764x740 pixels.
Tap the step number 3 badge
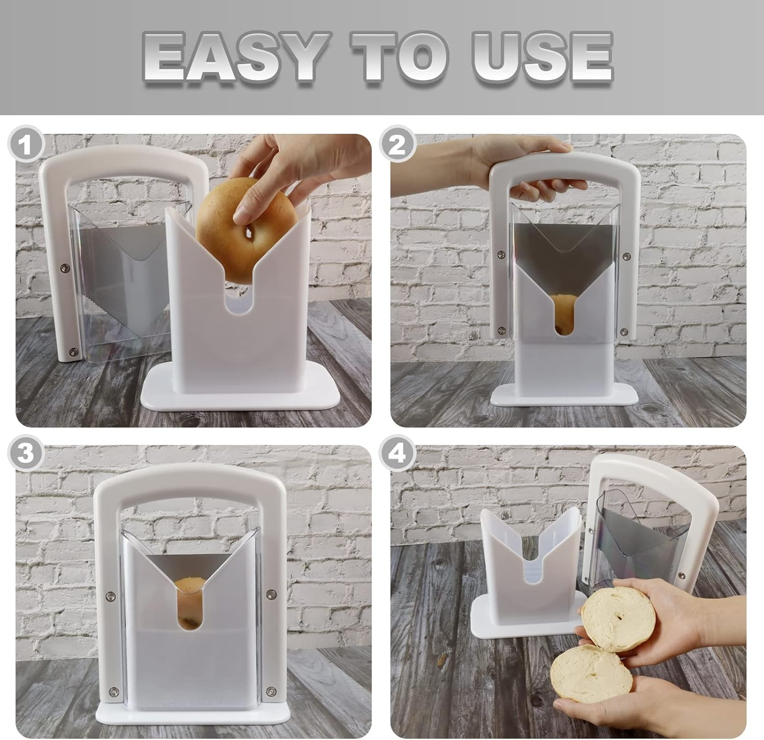25,453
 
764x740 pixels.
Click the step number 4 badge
398,453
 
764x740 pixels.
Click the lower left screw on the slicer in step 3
113,691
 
